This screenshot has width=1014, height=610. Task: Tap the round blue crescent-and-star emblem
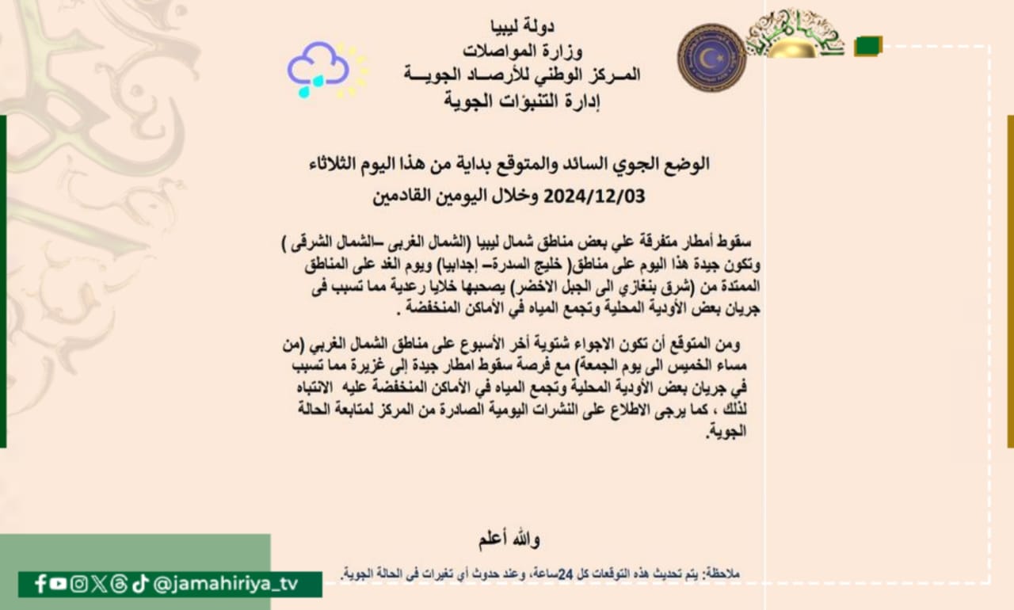coord(711,57)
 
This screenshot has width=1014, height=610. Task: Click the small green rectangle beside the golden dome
coord(868,46)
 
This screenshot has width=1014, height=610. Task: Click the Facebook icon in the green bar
coord(40,584)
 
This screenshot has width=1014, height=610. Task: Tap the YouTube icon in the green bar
coord(58,584)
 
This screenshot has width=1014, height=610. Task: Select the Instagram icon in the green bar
coord(78,584)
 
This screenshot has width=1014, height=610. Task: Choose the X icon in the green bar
coord(99,584)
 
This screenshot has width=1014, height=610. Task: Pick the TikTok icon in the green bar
coord(140,584)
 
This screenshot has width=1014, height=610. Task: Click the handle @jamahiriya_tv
coord(226,584)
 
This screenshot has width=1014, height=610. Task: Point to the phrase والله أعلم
coord(509,540)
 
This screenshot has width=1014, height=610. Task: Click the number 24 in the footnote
coord(565,574)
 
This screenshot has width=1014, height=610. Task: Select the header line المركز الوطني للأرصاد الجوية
coord(520,76)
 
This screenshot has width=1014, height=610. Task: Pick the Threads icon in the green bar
coord(119,584)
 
